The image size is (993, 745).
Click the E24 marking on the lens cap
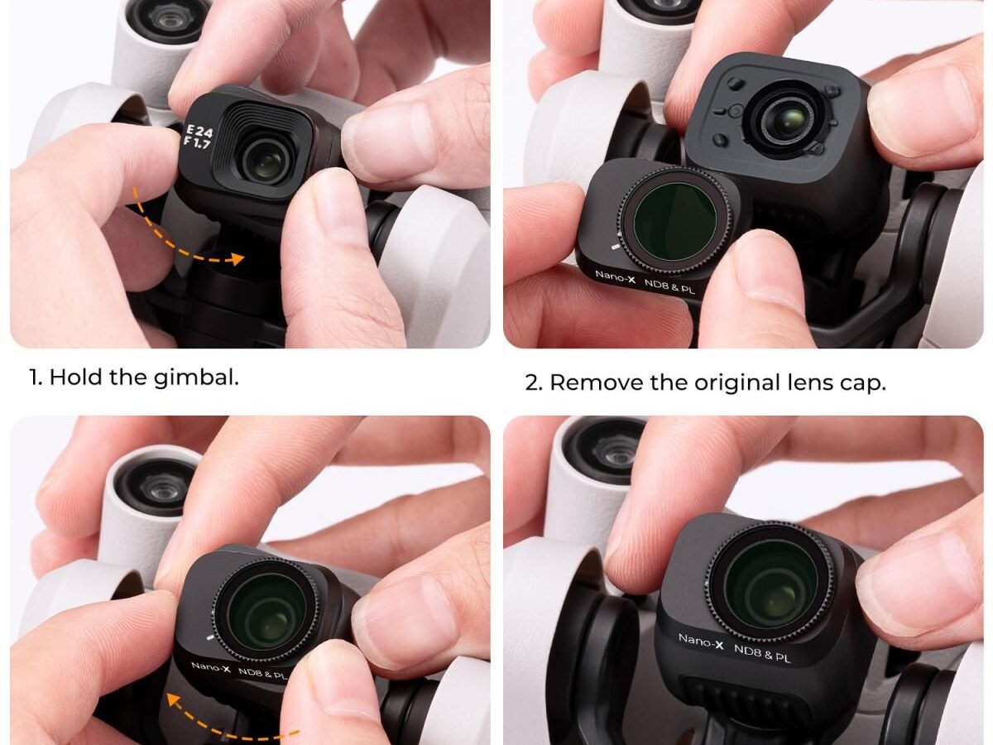[199, 131]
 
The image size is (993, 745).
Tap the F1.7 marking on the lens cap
[197, 142]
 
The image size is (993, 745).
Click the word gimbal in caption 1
[196, 377]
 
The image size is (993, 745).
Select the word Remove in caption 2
[597, 382]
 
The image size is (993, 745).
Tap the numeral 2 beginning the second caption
[533, 383]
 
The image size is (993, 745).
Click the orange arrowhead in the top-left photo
[236, 259]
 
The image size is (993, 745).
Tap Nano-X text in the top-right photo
[614, 276]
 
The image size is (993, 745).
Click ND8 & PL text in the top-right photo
[669, 286]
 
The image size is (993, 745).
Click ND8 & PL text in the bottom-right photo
[762, 654]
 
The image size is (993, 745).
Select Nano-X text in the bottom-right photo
[700, 641]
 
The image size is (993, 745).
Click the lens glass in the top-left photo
[266, 164]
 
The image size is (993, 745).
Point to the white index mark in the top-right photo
[615, 247]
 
